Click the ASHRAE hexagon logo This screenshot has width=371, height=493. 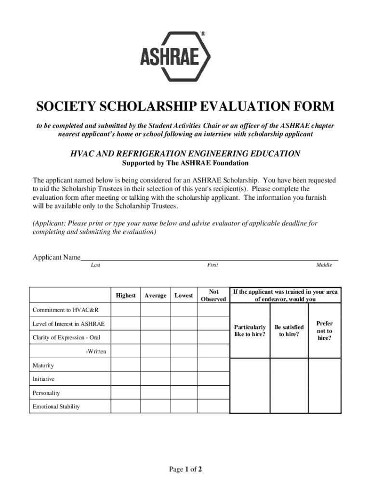(175, 56)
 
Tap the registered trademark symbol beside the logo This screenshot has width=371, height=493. (203, 34)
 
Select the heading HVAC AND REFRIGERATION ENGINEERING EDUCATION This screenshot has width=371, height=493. (185, 154)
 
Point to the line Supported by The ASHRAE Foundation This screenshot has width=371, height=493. (185, 163)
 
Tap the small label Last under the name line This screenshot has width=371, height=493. (95, 265)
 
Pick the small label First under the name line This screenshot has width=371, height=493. (212, 265)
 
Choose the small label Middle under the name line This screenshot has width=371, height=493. (324, 265)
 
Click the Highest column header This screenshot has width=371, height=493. (126, 295)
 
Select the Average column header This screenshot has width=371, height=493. (155, 295)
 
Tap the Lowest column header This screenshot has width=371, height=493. (184, 295)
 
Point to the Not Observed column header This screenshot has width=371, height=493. (213, 295)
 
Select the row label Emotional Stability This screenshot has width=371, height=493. (56, 407)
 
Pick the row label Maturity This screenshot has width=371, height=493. (43, 366)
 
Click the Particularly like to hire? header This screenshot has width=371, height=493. (250, 331)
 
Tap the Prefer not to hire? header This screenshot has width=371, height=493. (324, 331)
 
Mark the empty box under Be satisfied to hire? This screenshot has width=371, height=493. (289, 385)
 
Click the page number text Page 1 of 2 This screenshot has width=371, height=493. (185, 469)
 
